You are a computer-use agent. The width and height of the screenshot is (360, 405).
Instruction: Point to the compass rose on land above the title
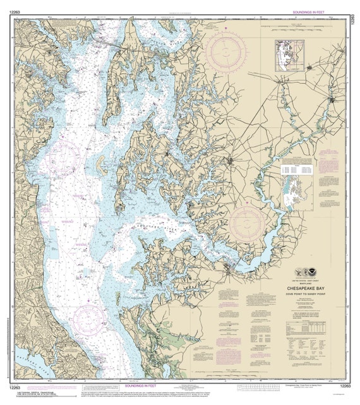pos(247,224)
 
